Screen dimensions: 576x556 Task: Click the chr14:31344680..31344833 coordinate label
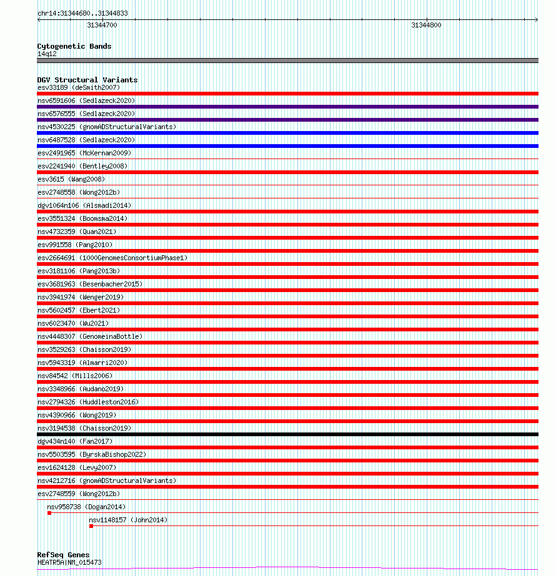(74, 13)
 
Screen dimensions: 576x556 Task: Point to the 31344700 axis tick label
(102, 25)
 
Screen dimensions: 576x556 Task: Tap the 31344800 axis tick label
(426, 25)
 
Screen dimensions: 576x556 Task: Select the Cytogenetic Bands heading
(74, 46)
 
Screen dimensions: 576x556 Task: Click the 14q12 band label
(47, 54)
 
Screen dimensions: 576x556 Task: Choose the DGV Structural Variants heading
(87, 80)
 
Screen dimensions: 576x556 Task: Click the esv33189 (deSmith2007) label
(78, 87)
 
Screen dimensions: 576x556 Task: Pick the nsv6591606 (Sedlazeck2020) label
(86, 100)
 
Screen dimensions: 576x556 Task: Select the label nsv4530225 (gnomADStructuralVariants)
(106, 127)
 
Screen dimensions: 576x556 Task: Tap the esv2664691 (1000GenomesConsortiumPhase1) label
(112, 258)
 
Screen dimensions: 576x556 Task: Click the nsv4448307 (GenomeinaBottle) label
(89, 336)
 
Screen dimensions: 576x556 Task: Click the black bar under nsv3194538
(287, 434)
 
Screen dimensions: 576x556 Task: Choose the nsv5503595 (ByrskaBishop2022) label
(92, 454)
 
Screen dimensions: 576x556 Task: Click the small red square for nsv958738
(49, 513)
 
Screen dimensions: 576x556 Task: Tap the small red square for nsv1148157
(91, 526)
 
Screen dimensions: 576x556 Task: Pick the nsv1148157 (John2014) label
(127, 520)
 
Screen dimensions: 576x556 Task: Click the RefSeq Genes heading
(63, 555)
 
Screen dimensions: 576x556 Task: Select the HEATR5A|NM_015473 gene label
(69, 562)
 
